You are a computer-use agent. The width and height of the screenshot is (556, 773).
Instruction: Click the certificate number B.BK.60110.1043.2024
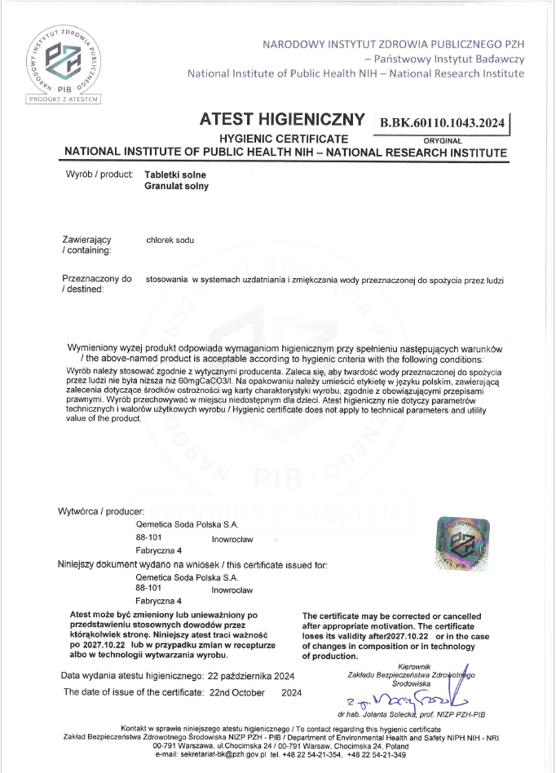point(442,123)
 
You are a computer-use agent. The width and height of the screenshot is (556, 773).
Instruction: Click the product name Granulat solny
point(176,186)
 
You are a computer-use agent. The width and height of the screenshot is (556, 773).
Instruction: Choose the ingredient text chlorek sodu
point(170,240)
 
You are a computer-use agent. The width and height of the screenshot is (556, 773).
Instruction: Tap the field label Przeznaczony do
point(97,279)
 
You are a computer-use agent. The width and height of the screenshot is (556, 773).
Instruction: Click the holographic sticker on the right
point(465,542)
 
